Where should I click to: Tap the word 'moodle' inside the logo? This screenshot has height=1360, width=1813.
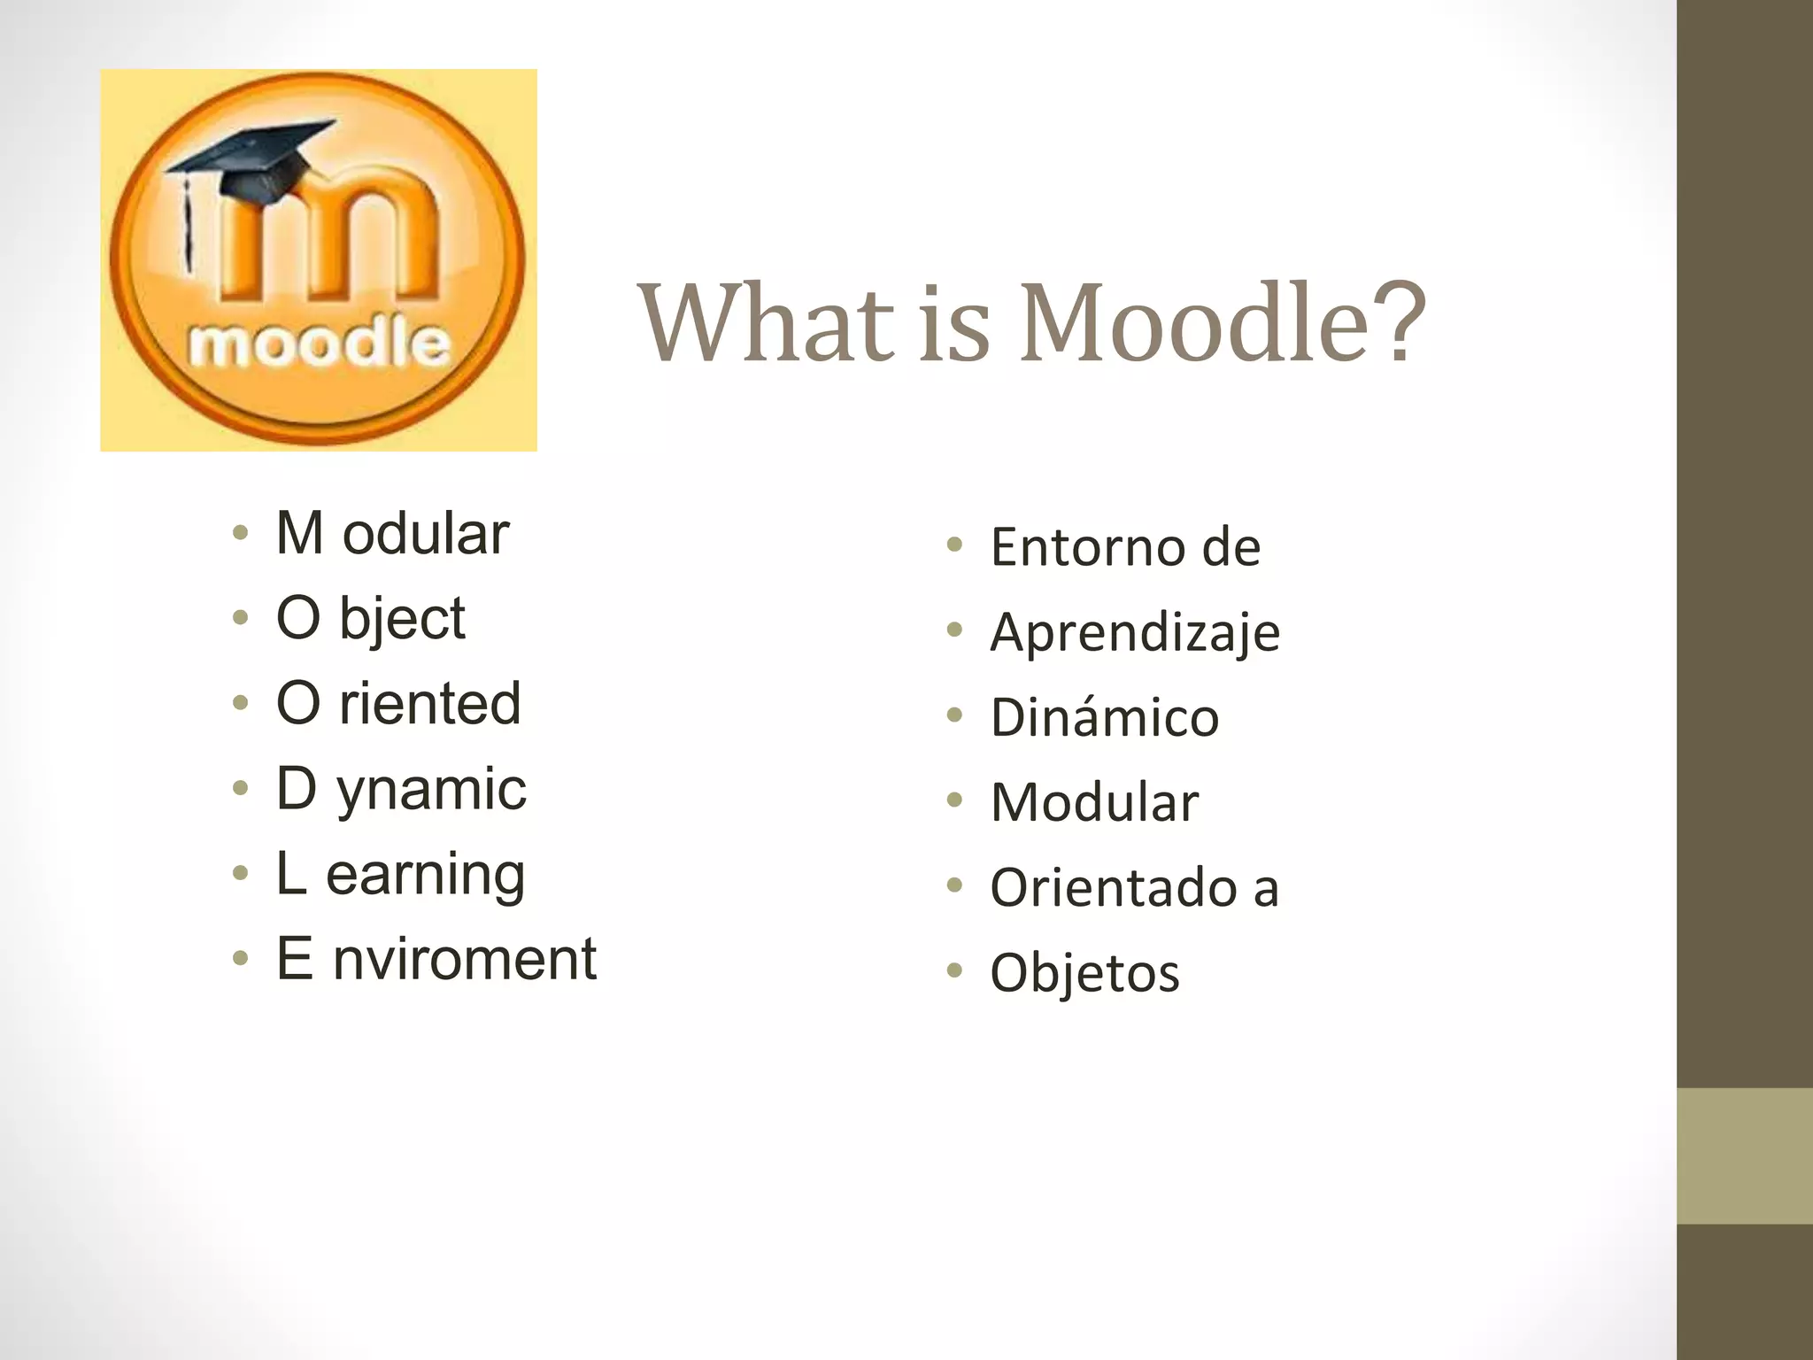pos(320,344)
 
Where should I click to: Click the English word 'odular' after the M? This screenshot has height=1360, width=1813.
pos(426,534)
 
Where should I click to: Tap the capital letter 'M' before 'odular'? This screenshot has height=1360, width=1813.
pos(299,533)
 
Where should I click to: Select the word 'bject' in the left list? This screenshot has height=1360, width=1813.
pos(403,619)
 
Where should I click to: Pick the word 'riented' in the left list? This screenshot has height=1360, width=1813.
pos(430,704)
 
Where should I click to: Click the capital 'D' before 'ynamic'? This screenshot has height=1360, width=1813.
pos(296,788)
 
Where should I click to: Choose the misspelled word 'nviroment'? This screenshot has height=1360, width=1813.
pos(465,959)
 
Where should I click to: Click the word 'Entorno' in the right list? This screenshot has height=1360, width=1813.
pos(1088,546)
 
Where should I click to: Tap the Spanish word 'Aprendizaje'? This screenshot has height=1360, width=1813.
pos(1135,633)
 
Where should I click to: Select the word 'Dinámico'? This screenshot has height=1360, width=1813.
pos(1105,716)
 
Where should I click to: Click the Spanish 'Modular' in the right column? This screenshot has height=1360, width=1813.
pos(1094,802)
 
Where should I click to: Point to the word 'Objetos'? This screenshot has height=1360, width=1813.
pos(1084,973)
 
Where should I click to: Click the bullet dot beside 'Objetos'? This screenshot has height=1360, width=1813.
pos(953,970)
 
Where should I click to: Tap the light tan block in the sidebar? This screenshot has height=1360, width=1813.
pos(1744,1155)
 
